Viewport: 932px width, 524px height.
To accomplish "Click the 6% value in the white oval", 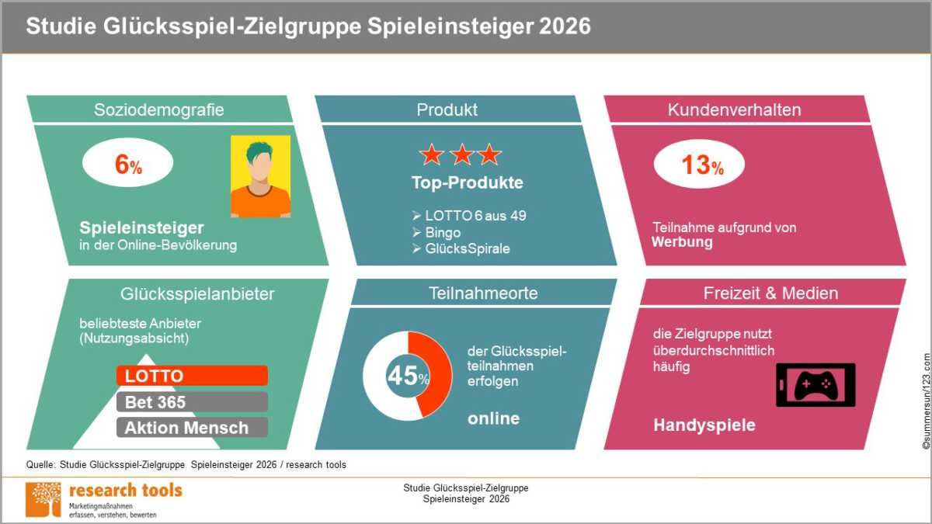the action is point(129,165).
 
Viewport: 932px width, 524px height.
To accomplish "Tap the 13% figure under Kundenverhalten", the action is point(702,165).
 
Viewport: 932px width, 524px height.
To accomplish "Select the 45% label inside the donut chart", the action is point(409,376).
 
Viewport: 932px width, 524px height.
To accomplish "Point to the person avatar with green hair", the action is point(261,176).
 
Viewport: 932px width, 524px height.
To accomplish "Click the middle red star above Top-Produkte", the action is point(462,154).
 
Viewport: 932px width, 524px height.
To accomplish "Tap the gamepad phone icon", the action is point(815,385).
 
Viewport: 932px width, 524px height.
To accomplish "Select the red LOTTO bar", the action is point(193,376).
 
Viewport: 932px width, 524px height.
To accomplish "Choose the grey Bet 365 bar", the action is point(193,402).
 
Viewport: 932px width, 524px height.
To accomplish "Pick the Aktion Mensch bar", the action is point(193,428).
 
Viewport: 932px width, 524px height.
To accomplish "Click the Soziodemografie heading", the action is point(159,109).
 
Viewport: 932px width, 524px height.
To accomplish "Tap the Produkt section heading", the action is point(447,109).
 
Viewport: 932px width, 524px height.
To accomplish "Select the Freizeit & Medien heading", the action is point(771,293).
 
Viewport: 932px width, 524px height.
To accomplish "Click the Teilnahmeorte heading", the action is point(483,293).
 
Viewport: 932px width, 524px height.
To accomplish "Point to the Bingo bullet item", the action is point(436,232).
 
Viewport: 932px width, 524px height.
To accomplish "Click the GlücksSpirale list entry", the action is point(461,248).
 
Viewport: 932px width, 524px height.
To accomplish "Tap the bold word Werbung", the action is point(683,242).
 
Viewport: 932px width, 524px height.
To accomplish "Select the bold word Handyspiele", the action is point(704,425).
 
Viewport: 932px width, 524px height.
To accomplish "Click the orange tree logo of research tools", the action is point(43,499).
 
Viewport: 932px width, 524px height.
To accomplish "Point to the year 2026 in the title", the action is point(565,26).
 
